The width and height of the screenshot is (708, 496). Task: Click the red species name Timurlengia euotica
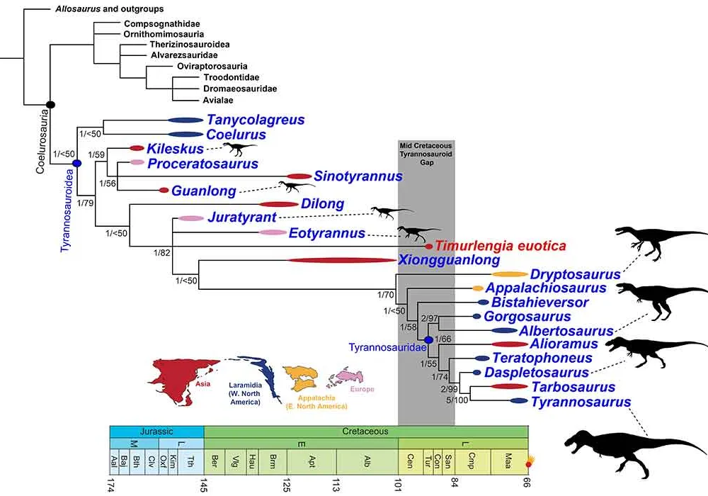click(501, 246)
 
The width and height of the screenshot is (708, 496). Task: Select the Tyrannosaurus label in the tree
click(581, 402)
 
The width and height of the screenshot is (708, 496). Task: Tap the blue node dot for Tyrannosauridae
click(428, 339)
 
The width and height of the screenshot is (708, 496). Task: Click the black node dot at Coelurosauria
click(50, 105)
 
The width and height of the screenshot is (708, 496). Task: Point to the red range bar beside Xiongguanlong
click(342, 260)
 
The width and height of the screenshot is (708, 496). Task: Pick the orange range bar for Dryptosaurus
click(509, 274)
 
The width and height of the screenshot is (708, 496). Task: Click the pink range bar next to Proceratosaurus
click(137, 162)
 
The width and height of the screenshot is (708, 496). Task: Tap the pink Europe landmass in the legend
click(346, 379)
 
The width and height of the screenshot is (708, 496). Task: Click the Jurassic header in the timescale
click(156, 432)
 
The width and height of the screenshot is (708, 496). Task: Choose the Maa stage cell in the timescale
click(508, 461)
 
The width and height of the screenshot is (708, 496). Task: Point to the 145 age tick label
click(204, 485)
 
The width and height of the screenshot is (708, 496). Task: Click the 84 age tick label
click(455, 483)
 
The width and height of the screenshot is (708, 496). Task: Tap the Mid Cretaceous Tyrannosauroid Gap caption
click(426, 154)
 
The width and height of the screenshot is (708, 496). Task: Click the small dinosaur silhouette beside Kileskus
click(240, 148)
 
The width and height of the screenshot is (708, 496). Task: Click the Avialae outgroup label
click(217, 101)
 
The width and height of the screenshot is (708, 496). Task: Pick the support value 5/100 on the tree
click(457, 400)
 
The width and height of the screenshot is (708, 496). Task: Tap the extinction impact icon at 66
click(530, 463)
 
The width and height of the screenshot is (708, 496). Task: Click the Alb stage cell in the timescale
click(367, 461)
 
